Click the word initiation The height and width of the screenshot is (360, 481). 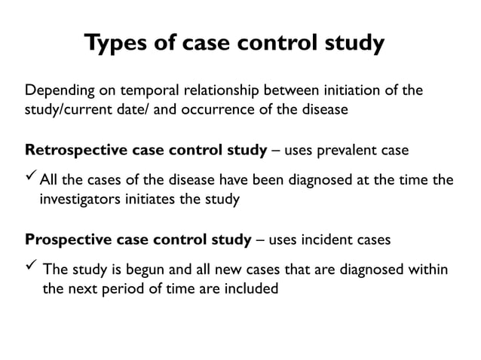335,93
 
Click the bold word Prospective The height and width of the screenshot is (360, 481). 69,240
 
